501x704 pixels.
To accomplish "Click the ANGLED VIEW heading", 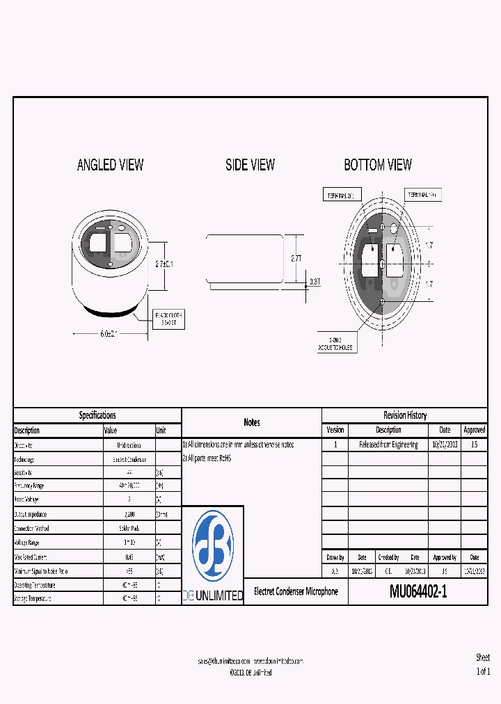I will coord(110,165).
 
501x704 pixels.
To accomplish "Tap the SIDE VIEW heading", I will coord(250,165).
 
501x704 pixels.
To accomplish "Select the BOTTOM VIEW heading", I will coord(378,165).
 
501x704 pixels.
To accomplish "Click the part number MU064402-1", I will coord(418,592).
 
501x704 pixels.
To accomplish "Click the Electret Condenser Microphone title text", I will coord(296,591).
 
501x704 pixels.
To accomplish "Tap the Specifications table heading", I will coord(97,415).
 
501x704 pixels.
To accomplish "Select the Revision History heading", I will coord(404,415).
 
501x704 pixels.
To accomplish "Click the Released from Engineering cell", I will coord(388,445).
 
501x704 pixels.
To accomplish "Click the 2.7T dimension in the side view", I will coord(296,258).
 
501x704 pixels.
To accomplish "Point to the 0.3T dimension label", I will coord(315,282).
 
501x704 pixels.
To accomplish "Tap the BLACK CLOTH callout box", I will coord(170,319).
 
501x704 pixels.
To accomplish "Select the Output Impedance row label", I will coord(31,514).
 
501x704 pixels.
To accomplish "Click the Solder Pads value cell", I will coord(129,528).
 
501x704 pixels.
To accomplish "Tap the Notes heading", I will coord(252,422).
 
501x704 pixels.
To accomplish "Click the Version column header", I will coord(335,430).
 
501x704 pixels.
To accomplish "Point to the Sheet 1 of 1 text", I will coord(483,664).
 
